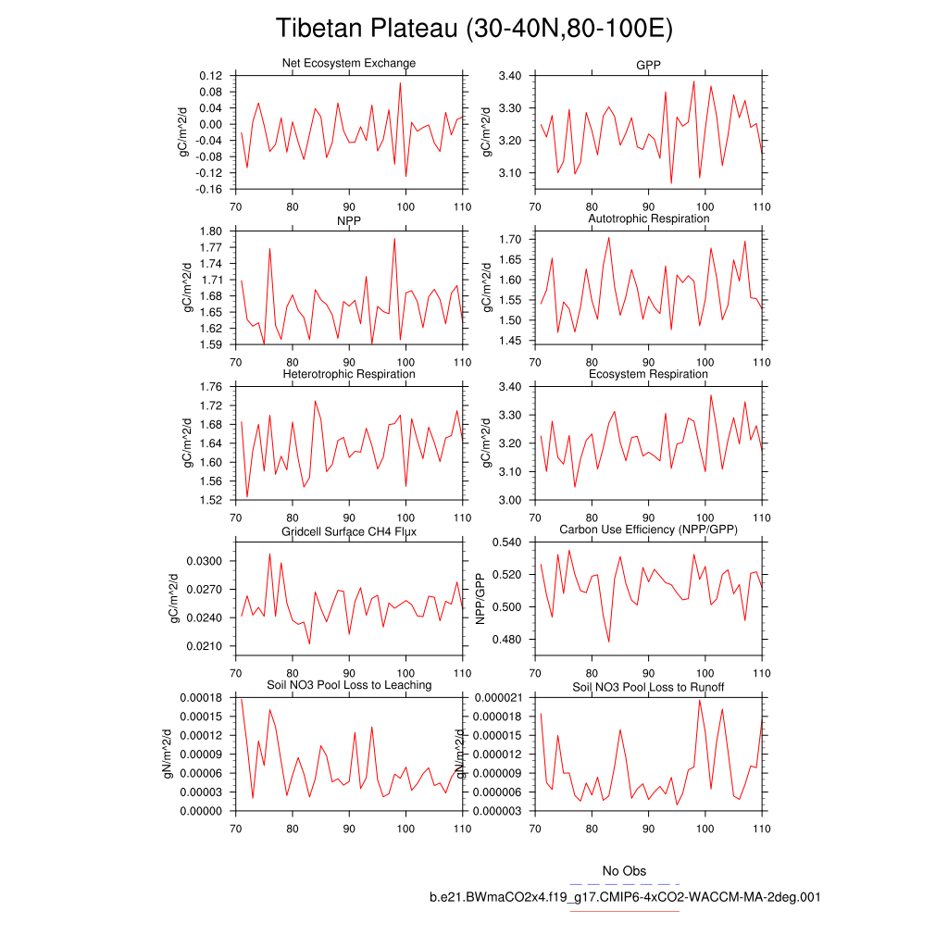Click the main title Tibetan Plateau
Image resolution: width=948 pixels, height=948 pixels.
[474, 29]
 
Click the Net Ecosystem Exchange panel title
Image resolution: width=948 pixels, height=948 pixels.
[348, 63]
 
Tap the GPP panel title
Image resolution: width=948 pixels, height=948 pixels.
[648, 63]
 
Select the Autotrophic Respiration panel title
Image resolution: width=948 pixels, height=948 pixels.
[648, 218]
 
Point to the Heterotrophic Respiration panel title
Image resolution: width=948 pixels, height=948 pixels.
[348, 374]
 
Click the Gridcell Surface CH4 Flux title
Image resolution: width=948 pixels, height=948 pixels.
[348, 530]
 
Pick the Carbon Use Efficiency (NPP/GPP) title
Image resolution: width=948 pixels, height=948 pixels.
[648, 530]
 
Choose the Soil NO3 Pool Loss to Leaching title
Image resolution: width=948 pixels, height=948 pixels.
[349, 685]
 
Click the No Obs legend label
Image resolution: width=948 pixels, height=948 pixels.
[624, 871]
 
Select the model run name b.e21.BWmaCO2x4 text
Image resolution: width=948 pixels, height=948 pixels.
[625, 897]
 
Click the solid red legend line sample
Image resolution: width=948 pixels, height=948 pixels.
[625, 911]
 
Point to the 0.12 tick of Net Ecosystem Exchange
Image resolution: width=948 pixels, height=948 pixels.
[211, 76]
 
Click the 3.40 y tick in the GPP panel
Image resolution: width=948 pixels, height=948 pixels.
[511, 76]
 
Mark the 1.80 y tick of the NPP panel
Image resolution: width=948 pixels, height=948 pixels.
[211, 231]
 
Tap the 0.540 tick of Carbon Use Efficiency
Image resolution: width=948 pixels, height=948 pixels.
[508, 543]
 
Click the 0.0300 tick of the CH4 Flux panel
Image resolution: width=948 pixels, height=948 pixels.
[207, 561]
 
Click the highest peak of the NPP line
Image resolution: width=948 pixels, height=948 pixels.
[394, 238]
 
